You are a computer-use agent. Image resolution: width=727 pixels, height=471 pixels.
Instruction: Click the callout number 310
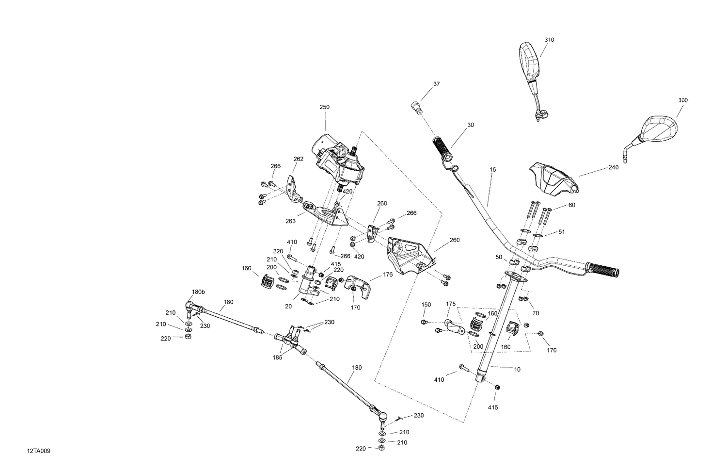coord(549,40)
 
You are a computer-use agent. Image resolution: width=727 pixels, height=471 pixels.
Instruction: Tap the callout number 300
coord(683,100)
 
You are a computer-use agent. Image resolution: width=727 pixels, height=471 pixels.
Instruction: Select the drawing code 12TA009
coord(39,451)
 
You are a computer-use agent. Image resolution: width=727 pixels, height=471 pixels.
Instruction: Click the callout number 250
coord(324,107)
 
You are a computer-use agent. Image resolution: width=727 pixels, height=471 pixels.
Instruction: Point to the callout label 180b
coord(198,292)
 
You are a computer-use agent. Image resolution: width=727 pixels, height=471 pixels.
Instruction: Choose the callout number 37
coord(437,84)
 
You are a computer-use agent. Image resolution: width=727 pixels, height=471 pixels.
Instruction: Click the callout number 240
coord(614,167)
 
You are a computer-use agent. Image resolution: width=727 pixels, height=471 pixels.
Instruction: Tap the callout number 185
coord(277,357)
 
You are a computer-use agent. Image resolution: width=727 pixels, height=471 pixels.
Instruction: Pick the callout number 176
coord(388,275)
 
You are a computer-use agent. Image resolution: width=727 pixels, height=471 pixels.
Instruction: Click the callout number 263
coord(290,221)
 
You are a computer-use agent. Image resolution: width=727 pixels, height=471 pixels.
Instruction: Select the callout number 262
coord(298,159)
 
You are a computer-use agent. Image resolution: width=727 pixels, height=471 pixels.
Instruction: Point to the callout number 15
coord(493,170)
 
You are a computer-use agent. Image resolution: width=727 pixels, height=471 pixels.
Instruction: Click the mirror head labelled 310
coord(530,63)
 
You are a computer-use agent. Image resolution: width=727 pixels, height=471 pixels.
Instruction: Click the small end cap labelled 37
coord(417,108)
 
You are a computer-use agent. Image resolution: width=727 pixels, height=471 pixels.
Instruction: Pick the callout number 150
coord(426,305)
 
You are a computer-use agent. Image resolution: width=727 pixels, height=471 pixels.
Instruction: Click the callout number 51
coord(561,232)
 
